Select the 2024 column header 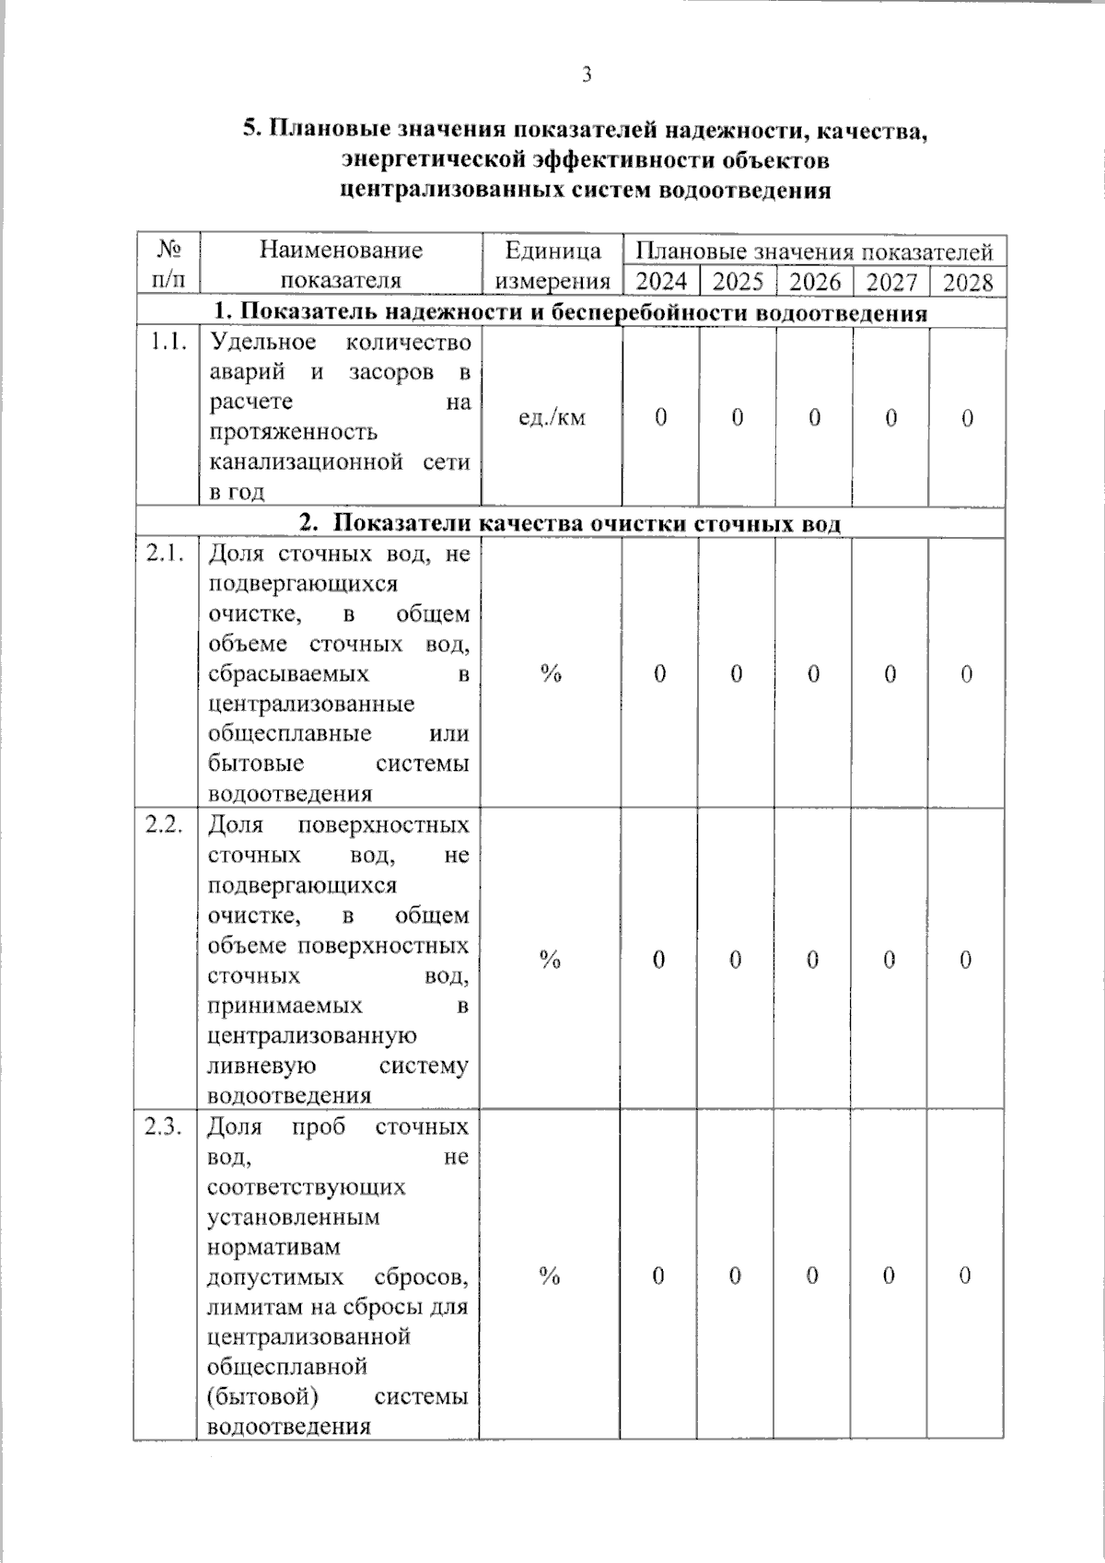pyautogui.click(x=661, y=281)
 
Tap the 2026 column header pyautogui.click(x=815, y=281)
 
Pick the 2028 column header pyautogui.click(x=968, y=281)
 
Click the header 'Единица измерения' pyautogui.click(x=552, y=265)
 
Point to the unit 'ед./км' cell pyautogui.click(x=552, y=417)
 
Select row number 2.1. pyautogui.click(x=167, y=554)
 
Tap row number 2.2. pyautogui.click(x=167, y=824)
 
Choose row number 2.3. pyautogui.click(x=166, y=1126)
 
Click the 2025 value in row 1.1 pyautogui.click(x=738, y=417)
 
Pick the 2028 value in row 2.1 pyautogui.click(x=966, y=674)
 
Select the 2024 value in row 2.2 pyautogui.click(x=659, y=960)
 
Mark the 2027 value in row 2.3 pyautogui.click(x=889, y=1276)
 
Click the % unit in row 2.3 pyautogui.click(x=550, y=1276)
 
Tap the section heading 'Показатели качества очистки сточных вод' pyautogui.click(x=586, y=523)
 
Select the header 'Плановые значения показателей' pyautogui.click(x=814, y=251)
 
